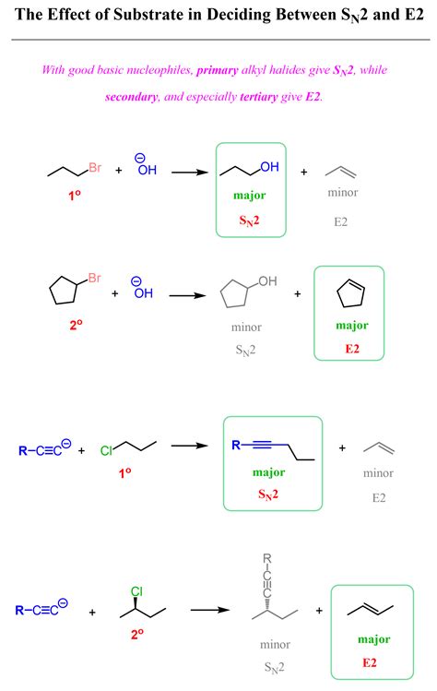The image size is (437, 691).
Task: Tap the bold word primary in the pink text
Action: (x=218, y=70)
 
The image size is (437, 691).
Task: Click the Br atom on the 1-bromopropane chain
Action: (x=95, y=168)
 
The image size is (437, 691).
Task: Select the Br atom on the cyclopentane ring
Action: (x=95, y=278)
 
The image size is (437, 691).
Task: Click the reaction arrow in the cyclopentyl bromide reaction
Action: (x=188, y=295)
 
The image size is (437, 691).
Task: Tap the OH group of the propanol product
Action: (x=269, y=167)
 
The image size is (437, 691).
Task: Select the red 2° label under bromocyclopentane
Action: (x=76, y=326)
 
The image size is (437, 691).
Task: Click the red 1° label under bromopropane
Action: (x=74, y=196)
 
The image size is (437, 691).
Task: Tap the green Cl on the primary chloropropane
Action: (x=106, y=451)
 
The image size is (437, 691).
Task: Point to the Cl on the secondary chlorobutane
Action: (x=137, y=591)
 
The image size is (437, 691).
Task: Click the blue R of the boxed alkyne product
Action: (x=236, y=445)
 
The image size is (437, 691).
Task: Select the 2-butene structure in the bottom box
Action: (x=370, y=610)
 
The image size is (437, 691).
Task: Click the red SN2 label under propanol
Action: (x=249, y=220)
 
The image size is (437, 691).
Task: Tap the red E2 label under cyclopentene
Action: (x=352, y=349)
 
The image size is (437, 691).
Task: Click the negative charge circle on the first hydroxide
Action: (x=139, y=158)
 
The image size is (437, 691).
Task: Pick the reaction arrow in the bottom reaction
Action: (x=210, y=610)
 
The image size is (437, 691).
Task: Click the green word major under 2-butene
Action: (x=374, y=639)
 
